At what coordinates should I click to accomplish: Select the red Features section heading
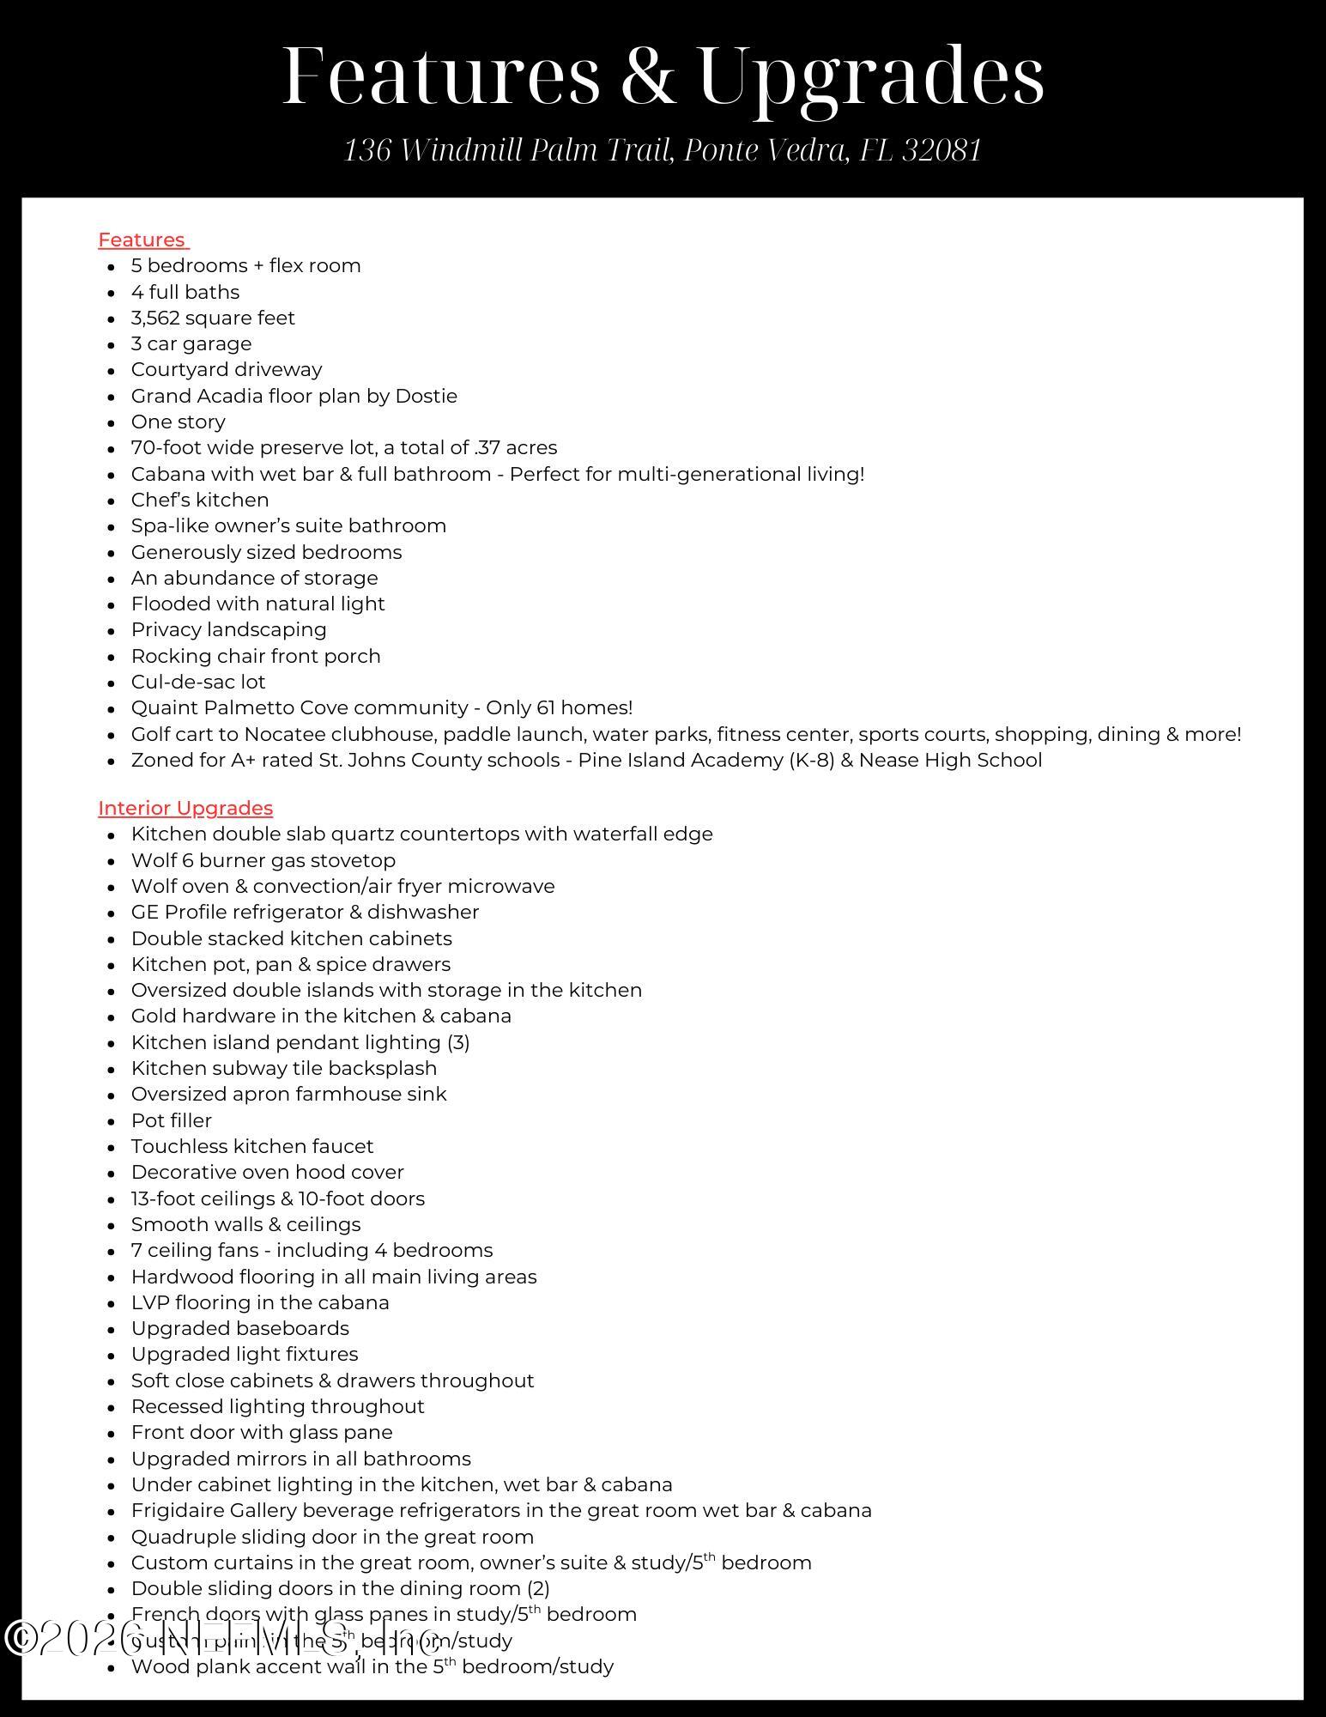142,240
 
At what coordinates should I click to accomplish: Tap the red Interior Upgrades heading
185,809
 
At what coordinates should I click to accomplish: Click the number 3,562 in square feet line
155,319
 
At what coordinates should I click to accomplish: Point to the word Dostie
426,397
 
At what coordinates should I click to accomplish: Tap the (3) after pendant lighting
458,1043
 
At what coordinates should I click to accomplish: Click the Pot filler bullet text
172,1121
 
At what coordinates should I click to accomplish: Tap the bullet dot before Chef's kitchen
112,501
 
